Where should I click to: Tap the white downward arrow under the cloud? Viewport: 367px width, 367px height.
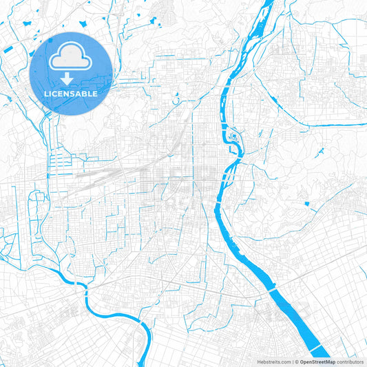click(71, 78)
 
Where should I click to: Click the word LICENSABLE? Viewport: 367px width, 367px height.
click(71, 93)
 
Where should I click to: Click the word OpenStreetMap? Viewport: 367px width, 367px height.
click(322, 361)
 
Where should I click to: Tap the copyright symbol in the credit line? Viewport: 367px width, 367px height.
click(297, 361)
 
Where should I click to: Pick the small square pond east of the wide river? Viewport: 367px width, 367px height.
click(307, 205)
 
